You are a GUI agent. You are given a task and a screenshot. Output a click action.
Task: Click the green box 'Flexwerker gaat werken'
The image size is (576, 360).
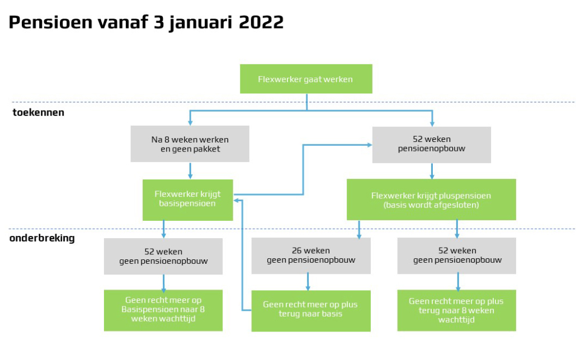(306, 79)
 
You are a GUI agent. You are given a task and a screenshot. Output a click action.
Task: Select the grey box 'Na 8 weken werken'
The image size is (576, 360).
(190, 144)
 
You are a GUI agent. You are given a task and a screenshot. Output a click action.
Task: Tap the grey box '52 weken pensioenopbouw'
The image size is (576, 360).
(432, 145)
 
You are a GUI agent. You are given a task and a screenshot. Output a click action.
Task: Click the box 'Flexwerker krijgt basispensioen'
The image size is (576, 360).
(188, 200)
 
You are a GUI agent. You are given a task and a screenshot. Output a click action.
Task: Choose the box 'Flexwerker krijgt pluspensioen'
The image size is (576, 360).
(431, 200)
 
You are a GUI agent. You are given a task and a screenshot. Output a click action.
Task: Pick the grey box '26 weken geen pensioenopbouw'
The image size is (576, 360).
(311, 255)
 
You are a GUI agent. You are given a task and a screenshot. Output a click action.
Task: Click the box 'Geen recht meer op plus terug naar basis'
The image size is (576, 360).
(311, 311)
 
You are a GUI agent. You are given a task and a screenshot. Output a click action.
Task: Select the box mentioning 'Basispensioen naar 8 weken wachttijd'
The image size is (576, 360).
(163, 310)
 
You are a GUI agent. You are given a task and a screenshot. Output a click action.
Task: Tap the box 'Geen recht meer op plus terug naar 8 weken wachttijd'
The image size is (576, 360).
(457, 310)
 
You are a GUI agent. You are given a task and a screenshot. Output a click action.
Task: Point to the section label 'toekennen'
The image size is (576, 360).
(39, 112)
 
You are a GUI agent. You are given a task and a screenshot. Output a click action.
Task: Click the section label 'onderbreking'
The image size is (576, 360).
(43, 238)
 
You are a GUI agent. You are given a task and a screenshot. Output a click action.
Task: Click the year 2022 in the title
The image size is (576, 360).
(261, 22)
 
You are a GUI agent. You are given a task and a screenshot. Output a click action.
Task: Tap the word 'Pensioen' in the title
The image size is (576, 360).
(50, 22)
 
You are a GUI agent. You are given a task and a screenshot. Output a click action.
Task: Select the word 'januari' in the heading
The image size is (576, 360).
(201, 23)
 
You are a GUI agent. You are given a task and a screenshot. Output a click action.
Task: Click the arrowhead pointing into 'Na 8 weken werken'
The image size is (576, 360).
(190, 122)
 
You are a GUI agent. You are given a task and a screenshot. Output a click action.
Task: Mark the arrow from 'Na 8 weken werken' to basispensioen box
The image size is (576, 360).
(190, 171)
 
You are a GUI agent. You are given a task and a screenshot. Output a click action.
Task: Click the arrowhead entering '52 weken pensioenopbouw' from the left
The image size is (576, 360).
(369, 145)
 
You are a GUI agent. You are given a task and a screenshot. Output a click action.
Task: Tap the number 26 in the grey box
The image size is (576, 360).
(296, 251)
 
